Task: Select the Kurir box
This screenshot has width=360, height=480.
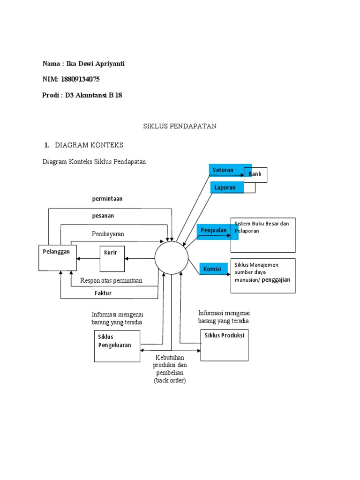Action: [x=112, y=259]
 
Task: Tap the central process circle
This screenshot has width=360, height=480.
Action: [x=172, y=258]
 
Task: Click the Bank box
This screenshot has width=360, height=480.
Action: [x=255, y=175]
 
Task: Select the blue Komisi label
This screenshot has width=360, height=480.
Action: [x=214, y=269]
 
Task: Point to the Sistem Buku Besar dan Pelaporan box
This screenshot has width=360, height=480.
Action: [x=263, y=235]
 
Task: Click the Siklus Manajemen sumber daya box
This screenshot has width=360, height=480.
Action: [x=263, y=276]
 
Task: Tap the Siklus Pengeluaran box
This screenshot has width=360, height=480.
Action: [x=117, y=346]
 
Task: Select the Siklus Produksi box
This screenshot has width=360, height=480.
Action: [x=225, y=345]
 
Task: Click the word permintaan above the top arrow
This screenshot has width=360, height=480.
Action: [x=107, y=199]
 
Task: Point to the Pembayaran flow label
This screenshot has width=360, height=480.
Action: [x=108, y=233]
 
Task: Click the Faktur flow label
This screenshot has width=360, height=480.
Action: [x=103, y=293]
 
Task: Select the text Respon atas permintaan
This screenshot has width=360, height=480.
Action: [x=111, y=281]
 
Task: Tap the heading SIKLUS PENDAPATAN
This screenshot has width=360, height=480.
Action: [x=180, y=127]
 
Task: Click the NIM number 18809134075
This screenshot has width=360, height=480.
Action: [x=80, y=79]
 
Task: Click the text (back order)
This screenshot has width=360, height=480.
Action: [x=170, y=381]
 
